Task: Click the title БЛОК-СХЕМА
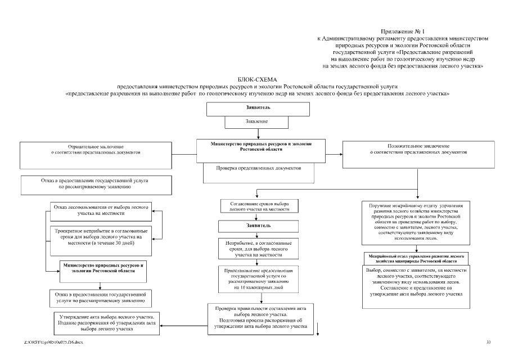click(x=258, y=80)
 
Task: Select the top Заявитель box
click(x=258, y=109)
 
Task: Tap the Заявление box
click(x=257, y=121)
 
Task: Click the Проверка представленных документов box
click(x=259, y=169)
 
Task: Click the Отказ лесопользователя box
click(x=101, y=210)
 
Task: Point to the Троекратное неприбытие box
click(x=101, y=238)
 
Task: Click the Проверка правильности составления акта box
click(x=260, y=319)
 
